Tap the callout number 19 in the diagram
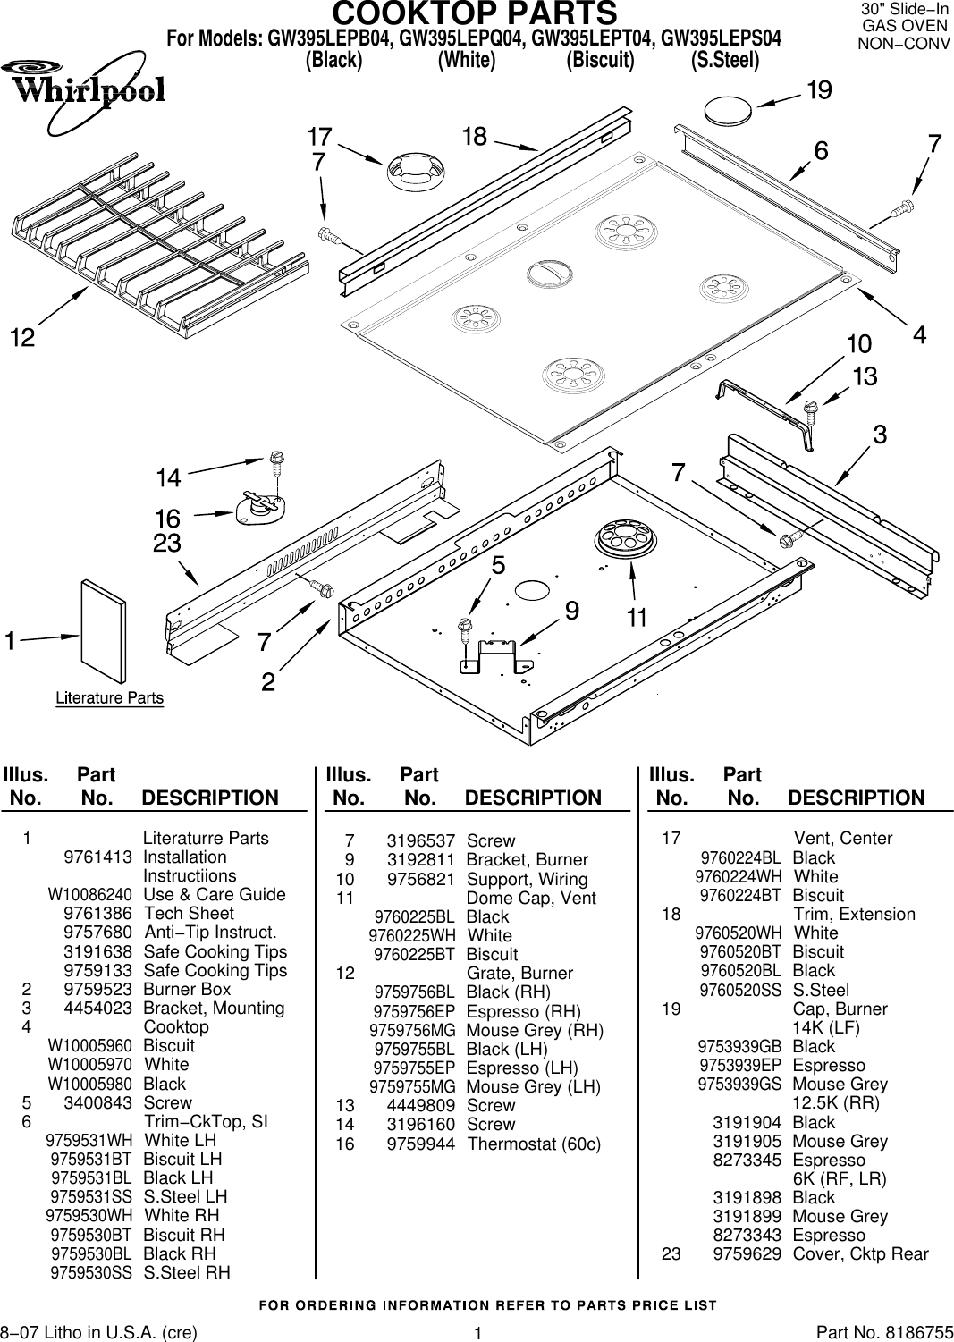(x=819, y=90)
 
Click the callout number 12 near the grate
(x=22, y=338)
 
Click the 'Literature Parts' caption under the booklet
(x=110, y=697)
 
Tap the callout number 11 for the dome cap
(x=637, y=617)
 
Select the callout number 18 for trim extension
(x=475, y=137)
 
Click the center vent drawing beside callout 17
(x=415, y=170)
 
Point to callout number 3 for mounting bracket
(x=880, y=435)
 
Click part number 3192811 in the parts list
(x=420, y=859)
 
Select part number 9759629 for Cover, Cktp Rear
(x=747, y=1253)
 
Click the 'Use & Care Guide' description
(x=215, y=894)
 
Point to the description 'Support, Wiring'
(x=527, y=879)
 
